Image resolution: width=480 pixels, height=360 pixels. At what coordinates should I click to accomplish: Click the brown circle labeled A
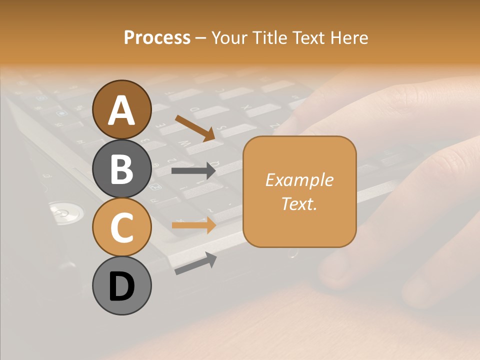click(122, 109)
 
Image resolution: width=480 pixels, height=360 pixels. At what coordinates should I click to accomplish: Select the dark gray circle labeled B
click(122, 168)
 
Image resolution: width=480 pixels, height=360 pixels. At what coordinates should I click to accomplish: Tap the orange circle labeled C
click(122, 227)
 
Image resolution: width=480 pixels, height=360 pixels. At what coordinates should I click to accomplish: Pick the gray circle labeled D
click(122, 285)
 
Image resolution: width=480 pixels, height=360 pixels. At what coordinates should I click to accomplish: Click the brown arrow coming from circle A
click(195, 127)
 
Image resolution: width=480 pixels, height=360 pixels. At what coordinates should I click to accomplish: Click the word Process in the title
click(157, 38)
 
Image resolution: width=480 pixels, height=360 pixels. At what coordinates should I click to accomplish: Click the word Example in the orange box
click(299, 180)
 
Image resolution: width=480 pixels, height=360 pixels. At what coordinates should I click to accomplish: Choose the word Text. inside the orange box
click(299, 203)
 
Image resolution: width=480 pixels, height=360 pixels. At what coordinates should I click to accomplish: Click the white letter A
click(122, 110)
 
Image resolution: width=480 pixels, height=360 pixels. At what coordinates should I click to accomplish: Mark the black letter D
click(122, 286)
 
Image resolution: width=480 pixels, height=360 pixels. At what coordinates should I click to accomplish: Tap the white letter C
click(122, 227)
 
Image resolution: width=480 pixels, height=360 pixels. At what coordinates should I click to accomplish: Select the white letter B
click(122, 169)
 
